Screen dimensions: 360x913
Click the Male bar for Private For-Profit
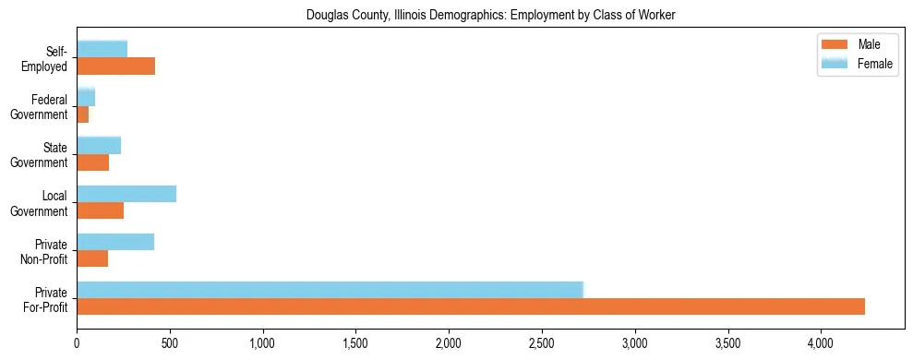(471, 306)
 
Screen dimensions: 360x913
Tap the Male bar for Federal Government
(82, 114)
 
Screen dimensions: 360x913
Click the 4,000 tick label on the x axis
(821, 342)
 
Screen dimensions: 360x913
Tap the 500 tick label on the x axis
(170, 342)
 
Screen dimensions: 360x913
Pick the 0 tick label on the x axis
(77, 342)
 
